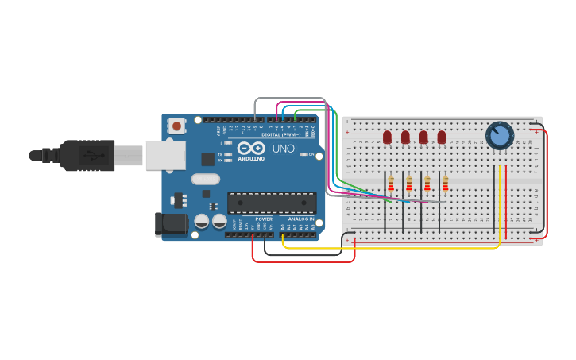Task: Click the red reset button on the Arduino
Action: coord(176,126)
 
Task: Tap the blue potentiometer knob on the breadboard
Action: coord(499,135)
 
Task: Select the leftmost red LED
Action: coord(387,137)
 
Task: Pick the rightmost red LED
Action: coord(442,137)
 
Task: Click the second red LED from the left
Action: coord(405,137)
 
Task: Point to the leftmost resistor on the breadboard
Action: coord(391,184)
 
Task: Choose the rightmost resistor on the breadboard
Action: coord(445,184)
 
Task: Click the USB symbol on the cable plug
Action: coord(94,155)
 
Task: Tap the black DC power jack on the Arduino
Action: coord(170,224)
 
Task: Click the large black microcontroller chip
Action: coord(272,203)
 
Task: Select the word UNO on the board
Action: coord(284,149)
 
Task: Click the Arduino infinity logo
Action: coord(251,149)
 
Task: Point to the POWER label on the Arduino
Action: coord(264,219)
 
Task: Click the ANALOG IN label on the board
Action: coord(301,219)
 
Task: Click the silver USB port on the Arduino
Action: coord(164,155)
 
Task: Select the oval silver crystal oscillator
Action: coord(205,180)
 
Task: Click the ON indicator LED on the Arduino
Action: coord(304,154)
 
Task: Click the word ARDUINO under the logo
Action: coord(252,159)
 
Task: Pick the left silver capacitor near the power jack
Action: coord(202,221)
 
